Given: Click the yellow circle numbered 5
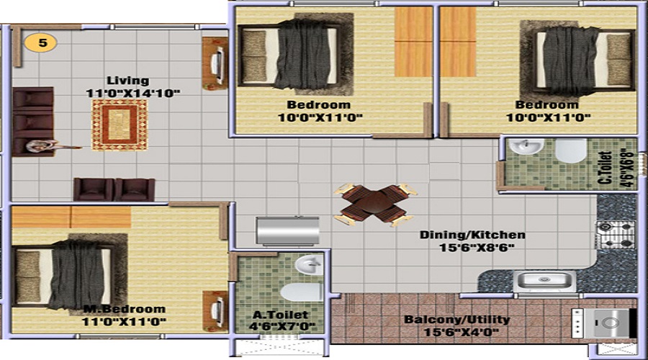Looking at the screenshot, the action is [x=40, y=42].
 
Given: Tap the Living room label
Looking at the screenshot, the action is [x=127, y=81].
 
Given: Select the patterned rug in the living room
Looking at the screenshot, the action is [x=120, y=125].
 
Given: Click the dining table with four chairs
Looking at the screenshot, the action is [x=375, y=204].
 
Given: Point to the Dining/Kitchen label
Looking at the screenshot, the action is [x=472, y=235].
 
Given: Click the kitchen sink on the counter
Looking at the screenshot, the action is [x=544, y=282].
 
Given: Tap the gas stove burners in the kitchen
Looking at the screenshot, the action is [x=616, y=234].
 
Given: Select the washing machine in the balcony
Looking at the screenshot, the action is [x=604, y=323].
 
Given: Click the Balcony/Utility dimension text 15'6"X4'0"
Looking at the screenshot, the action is [x=462, y=332].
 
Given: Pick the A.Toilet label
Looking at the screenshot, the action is [x=280, y=315].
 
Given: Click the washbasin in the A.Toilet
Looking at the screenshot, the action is [x=309, y=264].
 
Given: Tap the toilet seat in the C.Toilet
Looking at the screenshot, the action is [x=571, y=150].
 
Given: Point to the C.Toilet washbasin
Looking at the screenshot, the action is [x=526, y=146].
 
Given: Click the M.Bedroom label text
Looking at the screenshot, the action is [x=124, y=309].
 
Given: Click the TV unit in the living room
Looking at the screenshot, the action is [x=215, y=63].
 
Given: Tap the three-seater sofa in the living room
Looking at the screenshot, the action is [x=33, y=122].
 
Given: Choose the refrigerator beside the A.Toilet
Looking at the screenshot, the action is [x=287, y=230].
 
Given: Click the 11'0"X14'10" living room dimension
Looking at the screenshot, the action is [x=133, y=93].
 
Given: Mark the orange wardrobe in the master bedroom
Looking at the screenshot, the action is [x=71, y=217].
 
